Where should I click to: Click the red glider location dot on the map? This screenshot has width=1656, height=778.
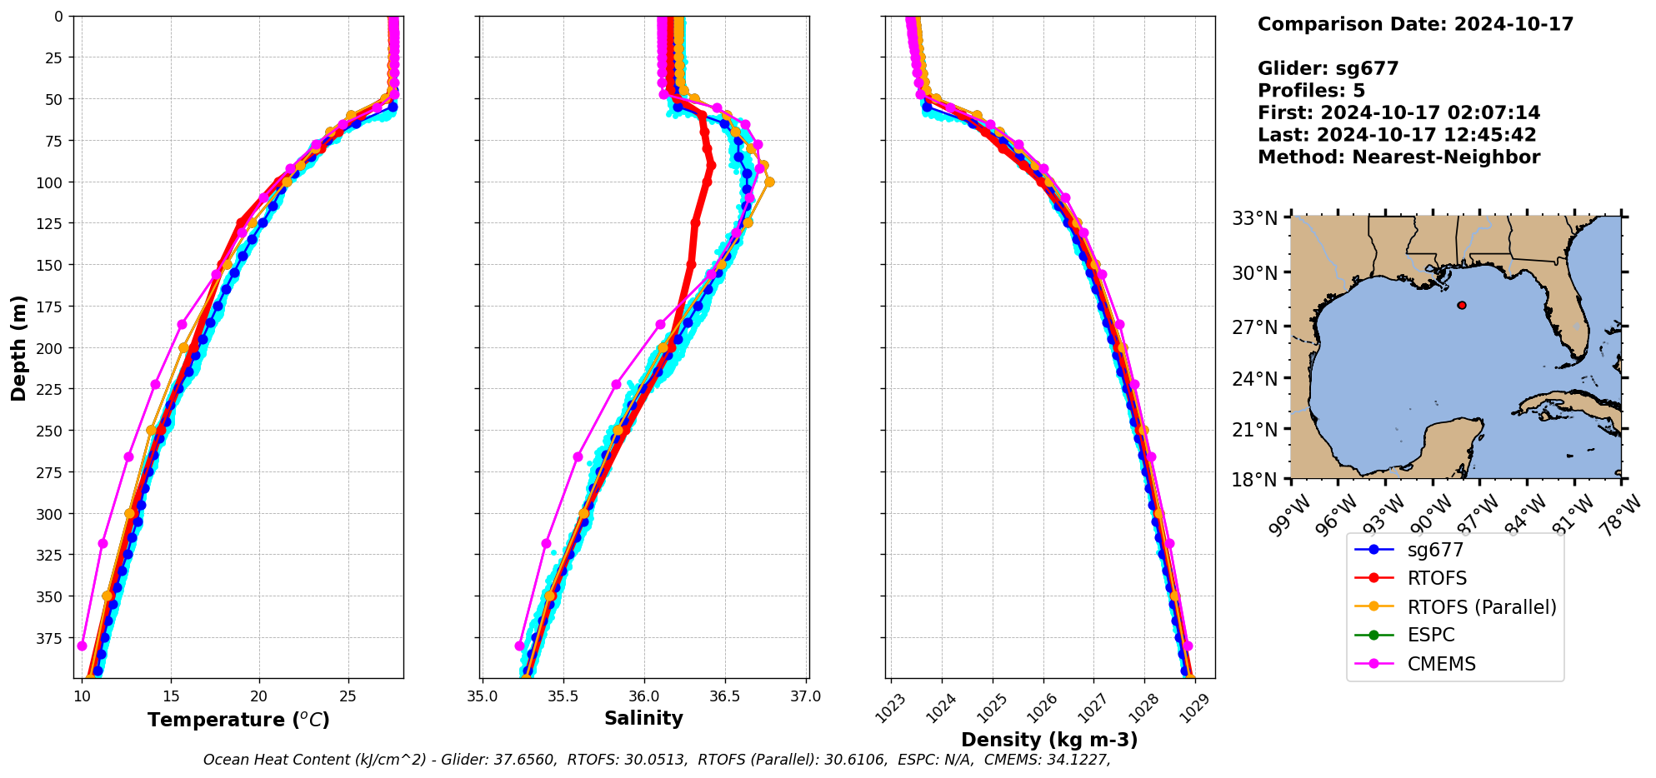[1462, 306]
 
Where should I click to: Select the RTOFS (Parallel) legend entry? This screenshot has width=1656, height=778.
[1481, 607]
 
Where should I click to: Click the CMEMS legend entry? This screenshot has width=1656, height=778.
[1441, 664]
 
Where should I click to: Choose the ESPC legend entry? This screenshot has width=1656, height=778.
[1430, 635]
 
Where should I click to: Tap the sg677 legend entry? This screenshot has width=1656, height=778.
[1435, 550]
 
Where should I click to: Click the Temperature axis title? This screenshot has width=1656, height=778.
[238, 720]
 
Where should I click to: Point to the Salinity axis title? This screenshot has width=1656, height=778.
[643, 718]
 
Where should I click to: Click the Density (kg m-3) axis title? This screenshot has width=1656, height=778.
[1049, 740]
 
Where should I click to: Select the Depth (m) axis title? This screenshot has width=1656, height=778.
[18, 347]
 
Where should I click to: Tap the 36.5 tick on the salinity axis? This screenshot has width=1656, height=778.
[724, 696]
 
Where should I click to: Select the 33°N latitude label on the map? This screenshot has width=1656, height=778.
[1255, 219]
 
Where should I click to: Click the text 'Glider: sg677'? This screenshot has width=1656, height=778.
[1328, 68]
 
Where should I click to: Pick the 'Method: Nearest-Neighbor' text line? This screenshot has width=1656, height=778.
[1398, 157]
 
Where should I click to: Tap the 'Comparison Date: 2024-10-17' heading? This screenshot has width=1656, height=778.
[1415, 24]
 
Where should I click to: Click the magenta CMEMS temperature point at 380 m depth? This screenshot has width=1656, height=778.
[82, 646]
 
